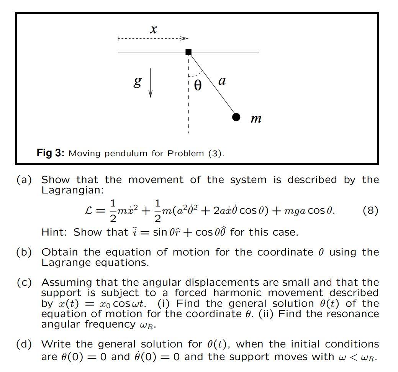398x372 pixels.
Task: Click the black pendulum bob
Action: pyautogui.click(x=236, y=117)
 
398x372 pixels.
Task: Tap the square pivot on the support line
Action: pyautogui.click(x=188, y=52)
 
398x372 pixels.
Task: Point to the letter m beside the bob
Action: pyautogui.click(x=256, y=118)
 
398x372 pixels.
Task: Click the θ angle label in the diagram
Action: pyautogui.click(x=197, y=85)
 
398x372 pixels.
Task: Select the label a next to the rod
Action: pyautogui.click(x=222, y=81)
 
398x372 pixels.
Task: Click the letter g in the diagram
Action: pyautogui.click(x=137, y=82)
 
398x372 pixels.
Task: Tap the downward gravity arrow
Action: pyautogui.click(x=151, y=83)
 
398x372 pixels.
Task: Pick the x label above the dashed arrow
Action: pyautogui.click(x=153, y=29)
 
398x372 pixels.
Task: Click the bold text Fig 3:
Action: pyautogui.click(x=51, y=153)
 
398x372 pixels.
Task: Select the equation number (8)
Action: pyautogui.click(x=370, y=210)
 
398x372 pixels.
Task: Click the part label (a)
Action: pyautogui.click(x=24, y=180)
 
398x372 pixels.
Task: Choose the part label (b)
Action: pyautogui.click(x=24, y=252)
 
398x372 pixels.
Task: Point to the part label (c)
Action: pyautogui.click(x=24, y=282)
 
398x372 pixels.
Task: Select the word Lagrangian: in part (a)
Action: pyautogui.click(x=72, y=190)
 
